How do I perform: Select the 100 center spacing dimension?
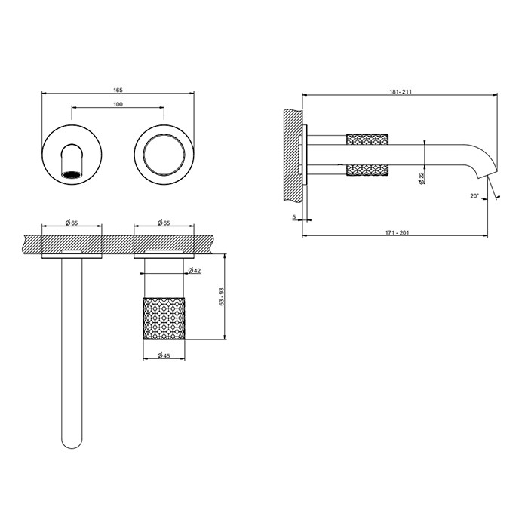click(x=118, y=104)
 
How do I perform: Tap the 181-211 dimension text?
click(x=401, y=92)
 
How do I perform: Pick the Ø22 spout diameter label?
click(x=420, y=178)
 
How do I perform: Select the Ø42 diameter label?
click(x=194, y=270)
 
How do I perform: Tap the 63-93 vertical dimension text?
click(x=219, y=296)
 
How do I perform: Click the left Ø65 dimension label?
click(x=72, y=223)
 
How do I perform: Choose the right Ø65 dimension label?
click(x=164, y=223)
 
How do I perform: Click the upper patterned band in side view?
click(x=367, y=139)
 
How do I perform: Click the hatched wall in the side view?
click(x=291, y=155)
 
